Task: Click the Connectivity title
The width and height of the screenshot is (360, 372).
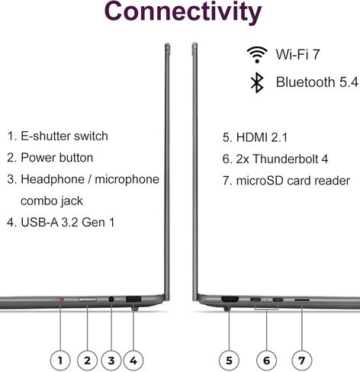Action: tap(183, 12)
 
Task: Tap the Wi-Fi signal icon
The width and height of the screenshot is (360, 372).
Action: tap(257, 54)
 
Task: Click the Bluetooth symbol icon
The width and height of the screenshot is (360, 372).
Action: tap(257, 82)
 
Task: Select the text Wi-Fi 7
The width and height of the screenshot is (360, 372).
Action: tap(297, 54)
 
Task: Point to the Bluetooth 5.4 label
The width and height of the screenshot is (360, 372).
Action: tap(317, 82)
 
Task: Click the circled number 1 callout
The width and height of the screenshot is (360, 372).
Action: tap(60, 361)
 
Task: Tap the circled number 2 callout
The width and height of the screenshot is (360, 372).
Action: tap(87, 361)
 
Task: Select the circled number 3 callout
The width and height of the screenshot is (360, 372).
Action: tap(111, 361)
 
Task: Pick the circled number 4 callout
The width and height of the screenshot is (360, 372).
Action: tap(133, 361)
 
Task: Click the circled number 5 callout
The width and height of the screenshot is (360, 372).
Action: tap(229, 361)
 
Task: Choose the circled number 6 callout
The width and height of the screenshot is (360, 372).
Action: tap(266, 361)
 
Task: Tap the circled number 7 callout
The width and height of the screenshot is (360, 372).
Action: tap(302, 361)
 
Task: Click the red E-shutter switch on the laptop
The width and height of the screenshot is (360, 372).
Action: tap(61, 300)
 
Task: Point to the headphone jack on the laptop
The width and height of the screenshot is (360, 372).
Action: tap(111, 300)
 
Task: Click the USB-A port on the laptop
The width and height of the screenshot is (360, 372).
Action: tap(133, 300)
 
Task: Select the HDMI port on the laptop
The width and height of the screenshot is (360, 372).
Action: tap(230, 299)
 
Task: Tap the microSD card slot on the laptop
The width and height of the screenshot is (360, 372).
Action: tap(302, 300)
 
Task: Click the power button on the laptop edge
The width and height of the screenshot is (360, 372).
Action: tap(88, 300)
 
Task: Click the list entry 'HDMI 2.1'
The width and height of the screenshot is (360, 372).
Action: tap(255, 137)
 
